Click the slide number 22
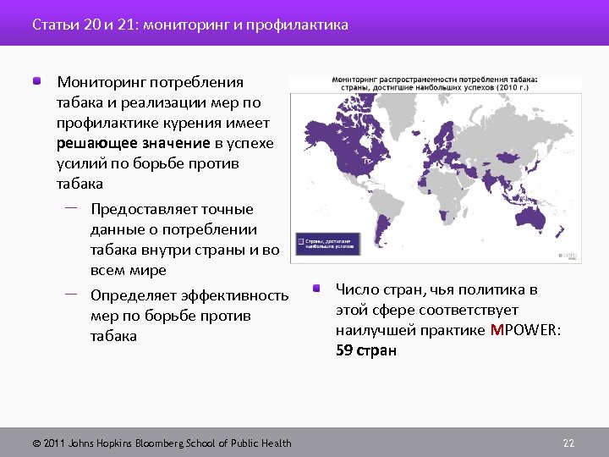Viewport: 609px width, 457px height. pyautogui.click(x=568, y=443)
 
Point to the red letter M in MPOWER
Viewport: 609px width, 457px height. pyautogui.click(x=496, y=330)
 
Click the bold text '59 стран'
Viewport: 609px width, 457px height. pyautogui.click(x=365, y=350)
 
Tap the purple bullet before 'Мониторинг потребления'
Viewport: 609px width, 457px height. pyautogui.click(x=38, y=82)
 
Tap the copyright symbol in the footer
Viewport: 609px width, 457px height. pyautogui.click(x=36, y=443)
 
